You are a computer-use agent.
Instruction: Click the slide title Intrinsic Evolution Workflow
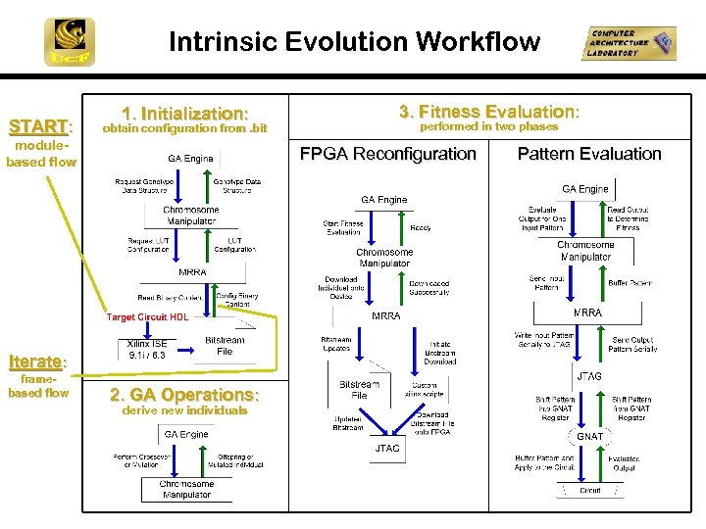click(x=354, y=41)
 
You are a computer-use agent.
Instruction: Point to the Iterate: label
click(x=37, y=361)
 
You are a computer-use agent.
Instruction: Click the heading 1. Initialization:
click(x=184, y=114)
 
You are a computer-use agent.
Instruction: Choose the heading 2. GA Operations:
click(x=184, y=395)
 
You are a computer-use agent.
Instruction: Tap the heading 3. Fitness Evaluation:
click(x=488, y=112)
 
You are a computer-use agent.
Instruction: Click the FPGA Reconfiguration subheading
click(x=387, y=154)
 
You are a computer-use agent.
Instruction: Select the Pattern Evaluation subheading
click(x=589, y=154)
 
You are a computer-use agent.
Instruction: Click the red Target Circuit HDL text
click(x=147, y=317)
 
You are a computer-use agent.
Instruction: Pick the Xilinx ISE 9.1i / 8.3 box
click(x=147, y=349)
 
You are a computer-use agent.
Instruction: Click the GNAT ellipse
click(x=589, y=436)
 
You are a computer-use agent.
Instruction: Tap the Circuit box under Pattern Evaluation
click(x=589, y=490)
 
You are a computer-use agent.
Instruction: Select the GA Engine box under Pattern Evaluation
click(x=585, y=189)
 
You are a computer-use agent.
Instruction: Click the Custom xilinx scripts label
click(x=430, y=389)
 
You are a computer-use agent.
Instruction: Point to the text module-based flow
click(x=41, y=154)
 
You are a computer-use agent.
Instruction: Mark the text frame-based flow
click(x=38, y=385)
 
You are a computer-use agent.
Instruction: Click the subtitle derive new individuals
click(x=184, y=410)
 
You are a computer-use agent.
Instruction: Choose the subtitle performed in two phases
click(x=488, y=126)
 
